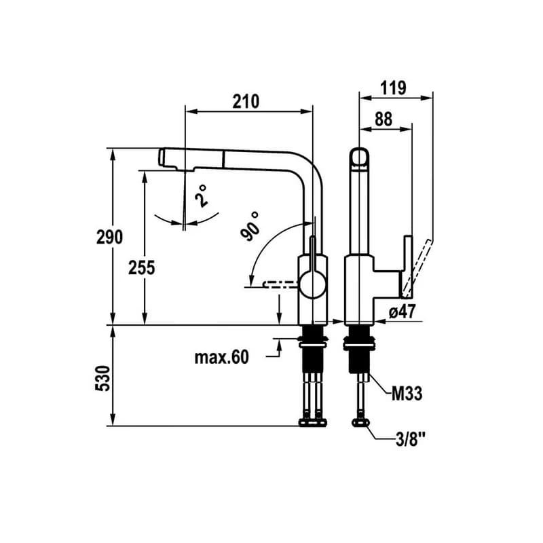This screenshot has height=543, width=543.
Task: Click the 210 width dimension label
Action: [x=246, y=101]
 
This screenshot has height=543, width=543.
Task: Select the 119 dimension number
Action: [x=393, y=88]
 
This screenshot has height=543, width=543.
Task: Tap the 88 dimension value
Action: [x=383, y=119]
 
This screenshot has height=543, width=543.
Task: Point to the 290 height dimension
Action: [x=109, y=237]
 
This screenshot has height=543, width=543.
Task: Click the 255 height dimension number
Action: [x=142, y=267]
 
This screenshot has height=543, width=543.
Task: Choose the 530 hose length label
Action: [x=102, y=378]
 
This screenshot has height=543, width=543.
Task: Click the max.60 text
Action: [x=222, y=357]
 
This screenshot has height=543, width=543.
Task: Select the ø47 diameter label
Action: [x=402, y=312]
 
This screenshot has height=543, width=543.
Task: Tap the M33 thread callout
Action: [x=407, y=394]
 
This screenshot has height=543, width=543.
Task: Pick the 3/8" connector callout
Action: [x=411, y=440]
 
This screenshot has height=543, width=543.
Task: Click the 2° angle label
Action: [x=201, y=196]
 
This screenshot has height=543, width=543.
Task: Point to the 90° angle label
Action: [x=250, y=226]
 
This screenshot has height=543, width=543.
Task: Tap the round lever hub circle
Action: [x=313, y=284]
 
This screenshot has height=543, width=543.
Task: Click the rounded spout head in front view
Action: [x=360, y=159]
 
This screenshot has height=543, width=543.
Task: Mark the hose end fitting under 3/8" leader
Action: [x=361, y=422]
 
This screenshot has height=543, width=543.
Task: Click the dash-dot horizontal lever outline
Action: [x=280, y=284]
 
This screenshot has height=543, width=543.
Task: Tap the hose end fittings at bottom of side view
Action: [x=313, y=422]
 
